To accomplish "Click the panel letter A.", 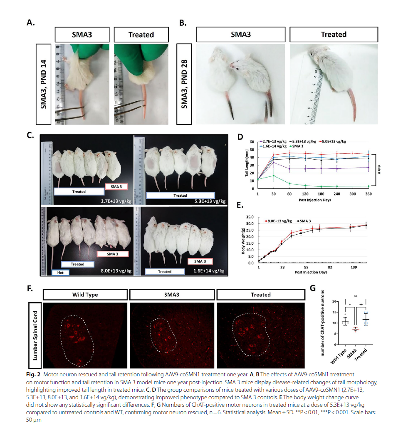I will (x=30, y=23).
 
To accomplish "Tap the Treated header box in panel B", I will (x=334, y=35).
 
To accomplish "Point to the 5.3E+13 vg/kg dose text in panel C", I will (x=210, y=201).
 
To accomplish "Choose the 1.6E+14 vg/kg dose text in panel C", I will (x=210, y=271).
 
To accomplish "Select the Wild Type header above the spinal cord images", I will (x=85, y=295).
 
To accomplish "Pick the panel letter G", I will (x=313, y=288).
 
